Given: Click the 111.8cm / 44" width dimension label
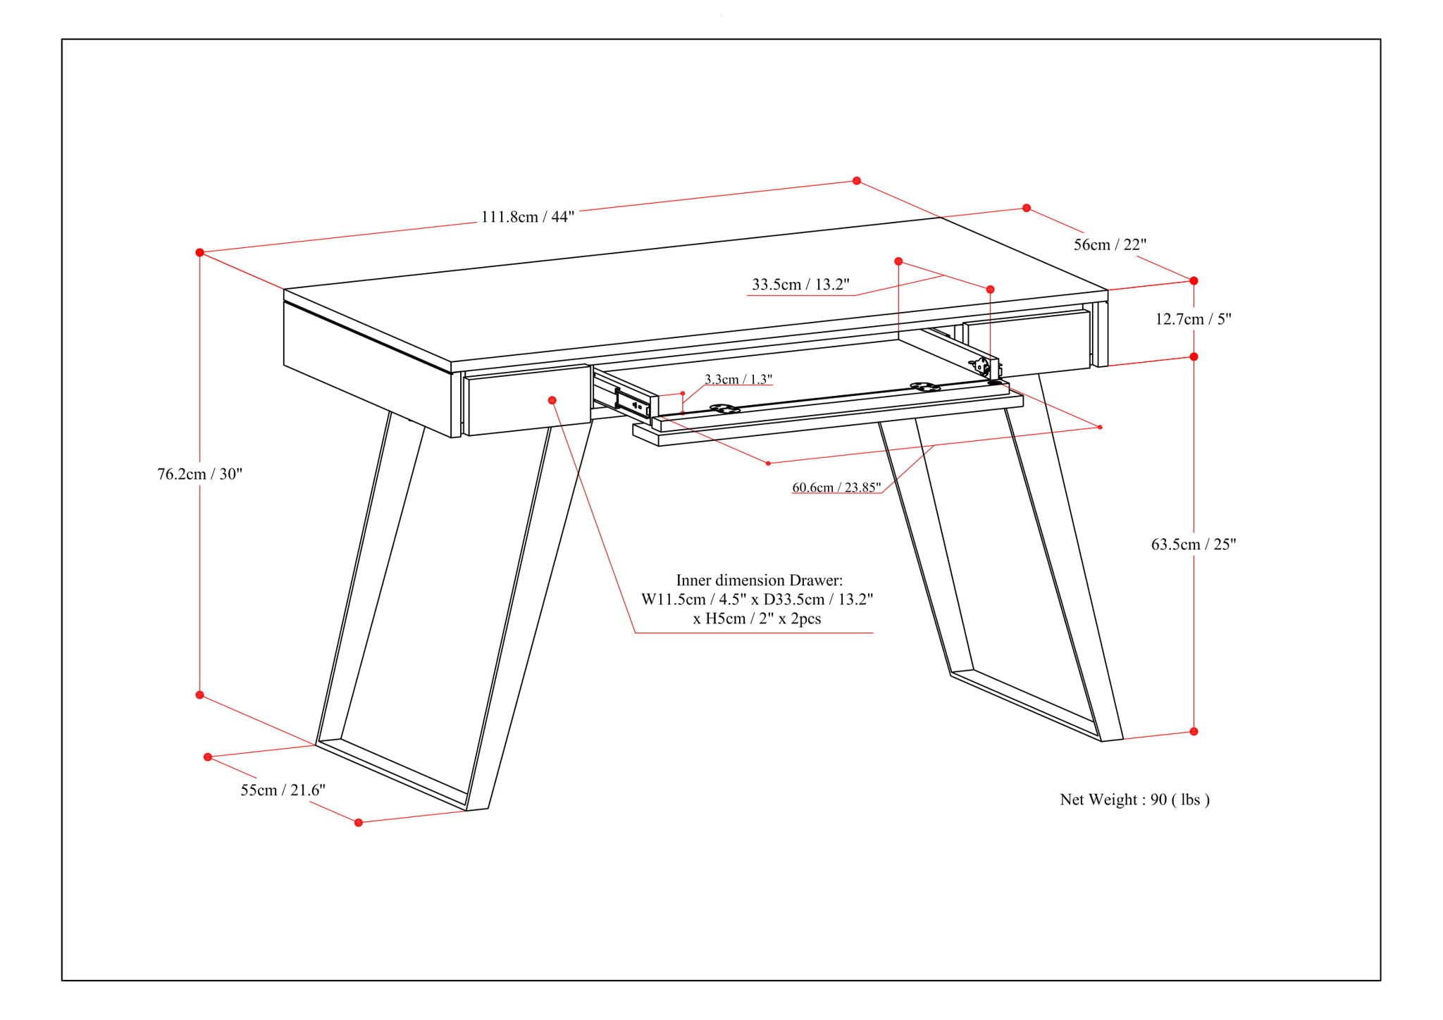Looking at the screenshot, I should pos(527,217).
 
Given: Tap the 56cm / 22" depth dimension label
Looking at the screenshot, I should pos(1110,244).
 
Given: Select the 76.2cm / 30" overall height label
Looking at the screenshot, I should pos(199,474).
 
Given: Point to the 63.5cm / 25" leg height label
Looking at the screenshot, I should pos(1194,544).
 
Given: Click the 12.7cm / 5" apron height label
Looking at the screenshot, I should pos(1193,319).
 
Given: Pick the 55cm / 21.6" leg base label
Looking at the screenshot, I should pos(283,790).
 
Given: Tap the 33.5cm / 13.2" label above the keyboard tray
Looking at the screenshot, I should pos(800,285).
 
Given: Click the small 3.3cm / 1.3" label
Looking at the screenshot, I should pos(738,380).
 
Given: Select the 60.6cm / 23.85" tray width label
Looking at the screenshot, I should pos(836,487).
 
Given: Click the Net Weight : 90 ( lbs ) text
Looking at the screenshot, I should pos(1134,800).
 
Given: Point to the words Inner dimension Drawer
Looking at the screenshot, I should pos(759,580).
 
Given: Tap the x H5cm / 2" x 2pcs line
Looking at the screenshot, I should pos(757,619).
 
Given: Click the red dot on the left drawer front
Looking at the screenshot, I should pos(552,400).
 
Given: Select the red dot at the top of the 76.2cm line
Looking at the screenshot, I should pos(200,252).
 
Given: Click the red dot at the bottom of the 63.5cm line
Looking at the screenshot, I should pos(1194,731).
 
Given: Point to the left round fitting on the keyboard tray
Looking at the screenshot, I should pos(724,408).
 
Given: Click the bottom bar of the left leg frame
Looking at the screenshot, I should pos(392,773).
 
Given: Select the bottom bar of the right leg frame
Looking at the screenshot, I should pos(1025,705).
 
